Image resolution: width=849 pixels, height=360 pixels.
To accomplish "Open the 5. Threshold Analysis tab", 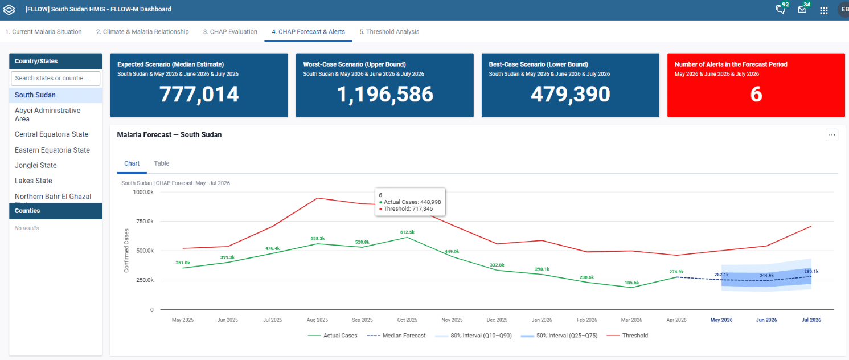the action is click(x=389, y=32).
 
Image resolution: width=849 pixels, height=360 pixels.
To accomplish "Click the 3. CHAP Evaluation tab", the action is click(x=230, y=32).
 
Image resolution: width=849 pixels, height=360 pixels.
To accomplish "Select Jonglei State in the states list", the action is click(x=36, y=165).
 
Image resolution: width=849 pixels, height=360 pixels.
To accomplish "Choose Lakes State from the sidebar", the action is click(x=34, y=181).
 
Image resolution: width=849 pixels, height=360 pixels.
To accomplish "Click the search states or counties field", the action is click(x=55, y=78).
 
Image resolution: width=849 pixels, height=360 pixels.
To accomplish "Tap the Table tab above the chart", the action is click(x=162, y=163).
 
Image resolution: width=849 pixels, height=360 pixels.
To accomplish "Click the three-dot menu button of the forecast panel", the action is click(x=832, y=135).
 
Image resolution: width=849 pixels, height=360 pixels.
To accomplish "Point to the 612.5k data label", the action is click(x=408, y=232).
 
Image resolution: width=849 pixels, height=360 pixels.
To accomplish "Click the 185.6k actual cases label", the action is click(x=632, y=283).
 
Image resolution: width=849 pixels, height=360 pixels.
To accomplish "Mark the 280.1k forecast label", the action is click(x=811, y=272).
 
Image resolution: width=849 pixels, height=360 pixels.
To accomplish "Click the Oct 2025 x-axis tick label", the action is click(x=407, y=320).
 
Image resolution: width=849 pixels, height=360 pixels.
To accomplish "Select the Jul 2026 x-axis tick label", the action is click(x=811, y=320).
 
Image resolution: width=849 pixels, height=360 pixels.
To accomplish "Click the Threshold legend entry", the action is click(x=627, y=336).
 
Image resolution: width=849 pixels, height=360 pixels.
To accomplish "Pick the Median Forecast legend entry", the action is click(x=396, y=336).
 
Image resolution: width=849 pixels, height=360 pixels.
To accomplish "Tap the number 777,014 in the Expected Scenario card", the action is click(x=199, y=94).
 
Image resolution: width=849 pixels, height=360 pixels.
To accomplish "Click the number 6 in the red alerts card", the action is click(x=756, y=94).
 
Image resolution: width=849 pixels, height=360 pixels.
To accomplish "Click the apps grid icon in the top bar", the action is click(x=823, y=11).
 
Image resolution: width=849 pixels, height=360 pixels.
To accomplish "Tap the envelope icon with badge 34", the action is click(x=802, y=10).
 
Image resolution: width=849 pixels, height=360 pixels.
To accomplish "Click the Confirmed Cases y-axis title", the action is click(x=126, y=251).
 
